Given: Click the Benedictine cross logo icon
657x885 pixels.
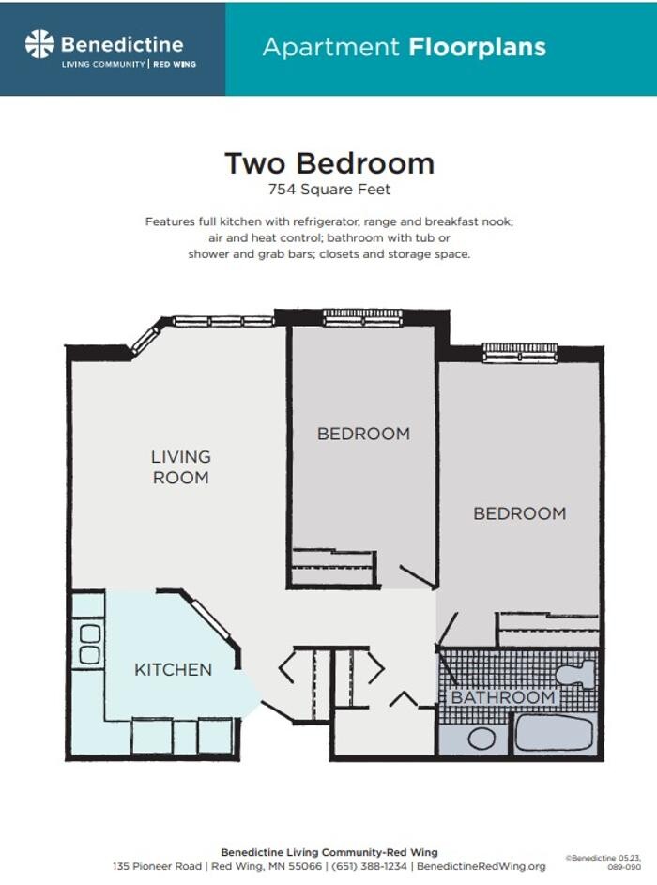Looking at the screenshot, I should pyautogui.click(x=39, y=44).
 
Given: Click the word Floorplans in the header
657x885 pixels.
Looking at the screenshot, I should pyautogui.click(x=477, y=47).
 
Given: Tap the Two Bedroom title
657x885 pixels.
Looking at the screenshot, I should pyautogui.click(x=328, y=163).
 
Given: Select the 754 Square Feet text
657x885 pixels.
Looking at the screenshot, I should pyautogui.click(x=328, y=190).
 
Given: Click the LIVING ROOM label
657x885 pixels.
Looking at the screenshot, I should pyautogui.click(x=180, y=467).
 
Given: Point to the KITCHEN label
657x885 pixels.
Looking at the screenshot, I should pyautogui.click(x=173, y=670).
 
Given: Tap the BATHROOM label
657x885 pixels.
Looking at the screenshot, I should pyautogui.click(x=503, y=698).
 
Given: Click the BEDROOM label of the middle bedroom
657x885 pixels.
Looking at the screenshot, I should pyautogui.click(x=363, y=434).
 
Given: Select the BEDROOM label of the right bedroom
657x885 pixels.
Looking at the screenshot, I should pyautogui.click(x=519, y=513).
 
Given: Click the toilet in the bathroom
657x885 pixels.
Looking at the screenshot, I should pyautogui.click(x=575, y=673).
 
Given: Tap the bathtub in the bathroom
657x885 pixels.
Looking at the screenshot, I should pyautogui.click(x=554, y=733).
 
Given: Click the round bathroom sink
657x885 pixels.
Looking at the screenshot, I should pyautogui.click(x=481, y=738).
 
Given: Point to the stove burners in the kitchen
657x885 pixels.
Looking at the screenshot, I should pyautogui.click(x=89, y=644).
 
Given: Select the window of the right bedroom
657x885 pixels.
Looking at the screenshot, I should pyautogui.click(x=519, y=352).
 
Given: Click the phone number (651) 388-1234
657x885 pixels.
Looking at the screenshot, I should pyautogui.click(x=367, y=866).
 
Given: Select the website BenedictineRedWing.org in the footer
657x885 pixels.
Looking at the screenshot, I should pyautogui.click(x=481, y=866).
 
